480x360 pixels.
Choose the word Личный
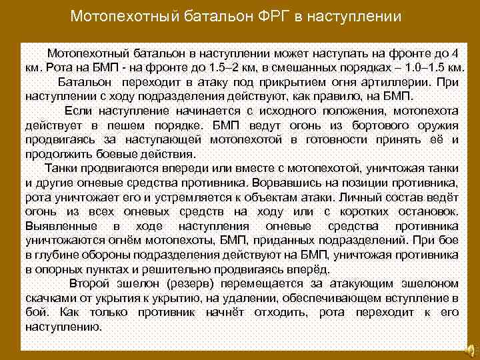pos(360,197)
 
